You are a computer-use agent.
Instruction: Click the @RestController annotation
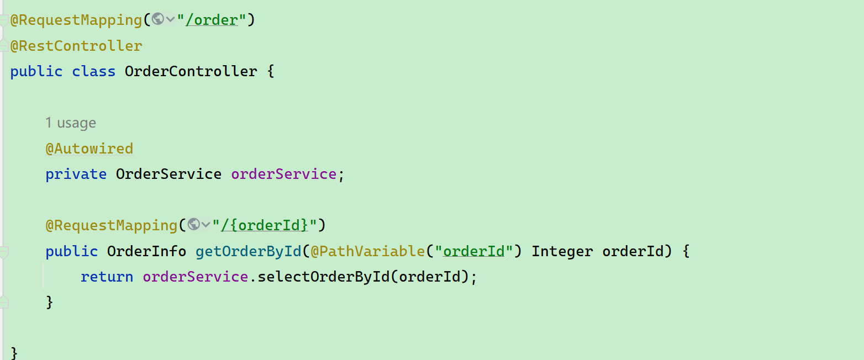pos(76,46)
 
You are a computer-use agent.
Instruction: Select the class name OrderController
pos(191,72)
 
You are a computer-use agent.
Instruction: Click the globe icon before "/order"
pos(158,19)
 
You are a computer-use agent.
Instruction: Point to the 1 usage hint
pos(71,123)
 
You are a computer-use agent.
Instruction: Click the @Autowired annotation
pos(89,149)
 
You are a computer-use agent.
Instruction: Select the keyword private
pos(76,174)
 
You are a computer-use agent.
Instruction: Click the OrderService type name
pos(168,174)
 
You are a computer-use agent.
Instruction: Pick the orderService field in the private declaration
pos(283,174)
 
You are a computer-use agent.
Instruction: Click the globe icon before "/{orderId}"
pos(193,225)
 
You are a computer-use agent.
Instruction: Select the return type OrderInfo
pos(146,252)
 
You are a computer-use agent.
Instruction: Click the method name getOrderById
pos(248,252)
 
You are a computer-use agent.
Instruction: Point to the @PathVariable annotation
pos(367,252)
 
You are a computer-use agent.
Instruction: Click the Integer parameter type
pos(562,252)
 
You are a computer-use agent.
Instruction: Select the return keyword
pos(107,277)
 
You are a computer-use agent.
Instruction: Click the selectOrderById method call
pos(324,277)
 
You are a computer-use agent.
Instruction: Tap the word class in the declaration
pos(94,72)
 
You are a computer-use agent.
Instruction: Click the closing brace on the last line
pos(14,352)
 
